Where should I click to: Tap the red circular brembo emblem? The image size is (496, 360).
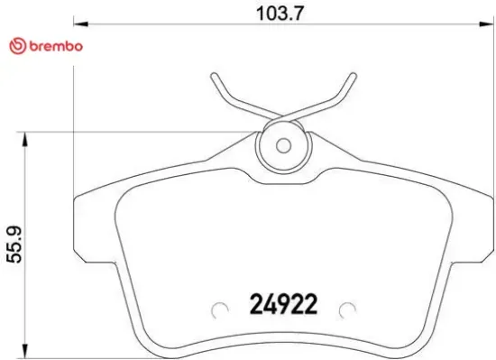14,46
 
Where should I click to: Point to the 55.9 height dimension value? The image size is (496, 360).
13,245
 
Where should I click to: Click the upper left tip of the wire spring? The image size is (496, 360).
213,74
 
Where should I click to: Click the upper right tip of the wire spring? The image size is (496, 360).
350,74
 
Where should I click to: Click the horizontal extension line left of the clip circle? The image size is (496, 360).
135,132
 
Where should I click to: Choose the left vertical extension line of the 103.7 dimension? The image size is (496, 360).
71,108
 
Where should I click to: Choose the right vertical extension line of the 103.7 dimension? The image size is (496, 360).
490,108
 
